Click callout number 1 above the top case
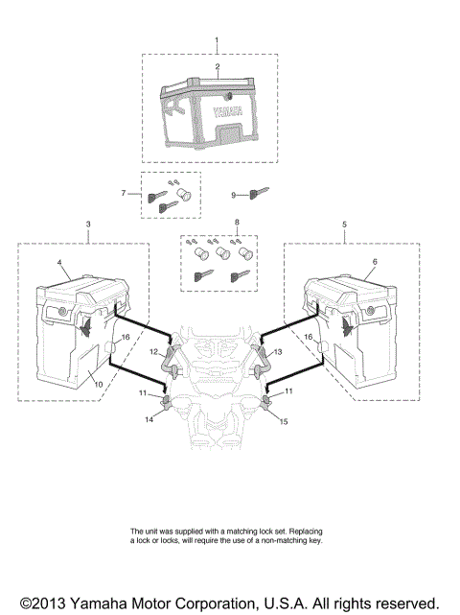(x=218, y=41)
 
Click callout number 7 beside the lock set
(x=123, y=194)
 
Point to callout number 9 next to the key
(x=233, y=195)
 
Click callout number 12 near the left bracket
(x=151, y=353)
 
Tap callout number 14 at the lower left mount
(x=148, y=419)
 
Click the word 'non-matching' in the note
(x=293, y=540)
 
